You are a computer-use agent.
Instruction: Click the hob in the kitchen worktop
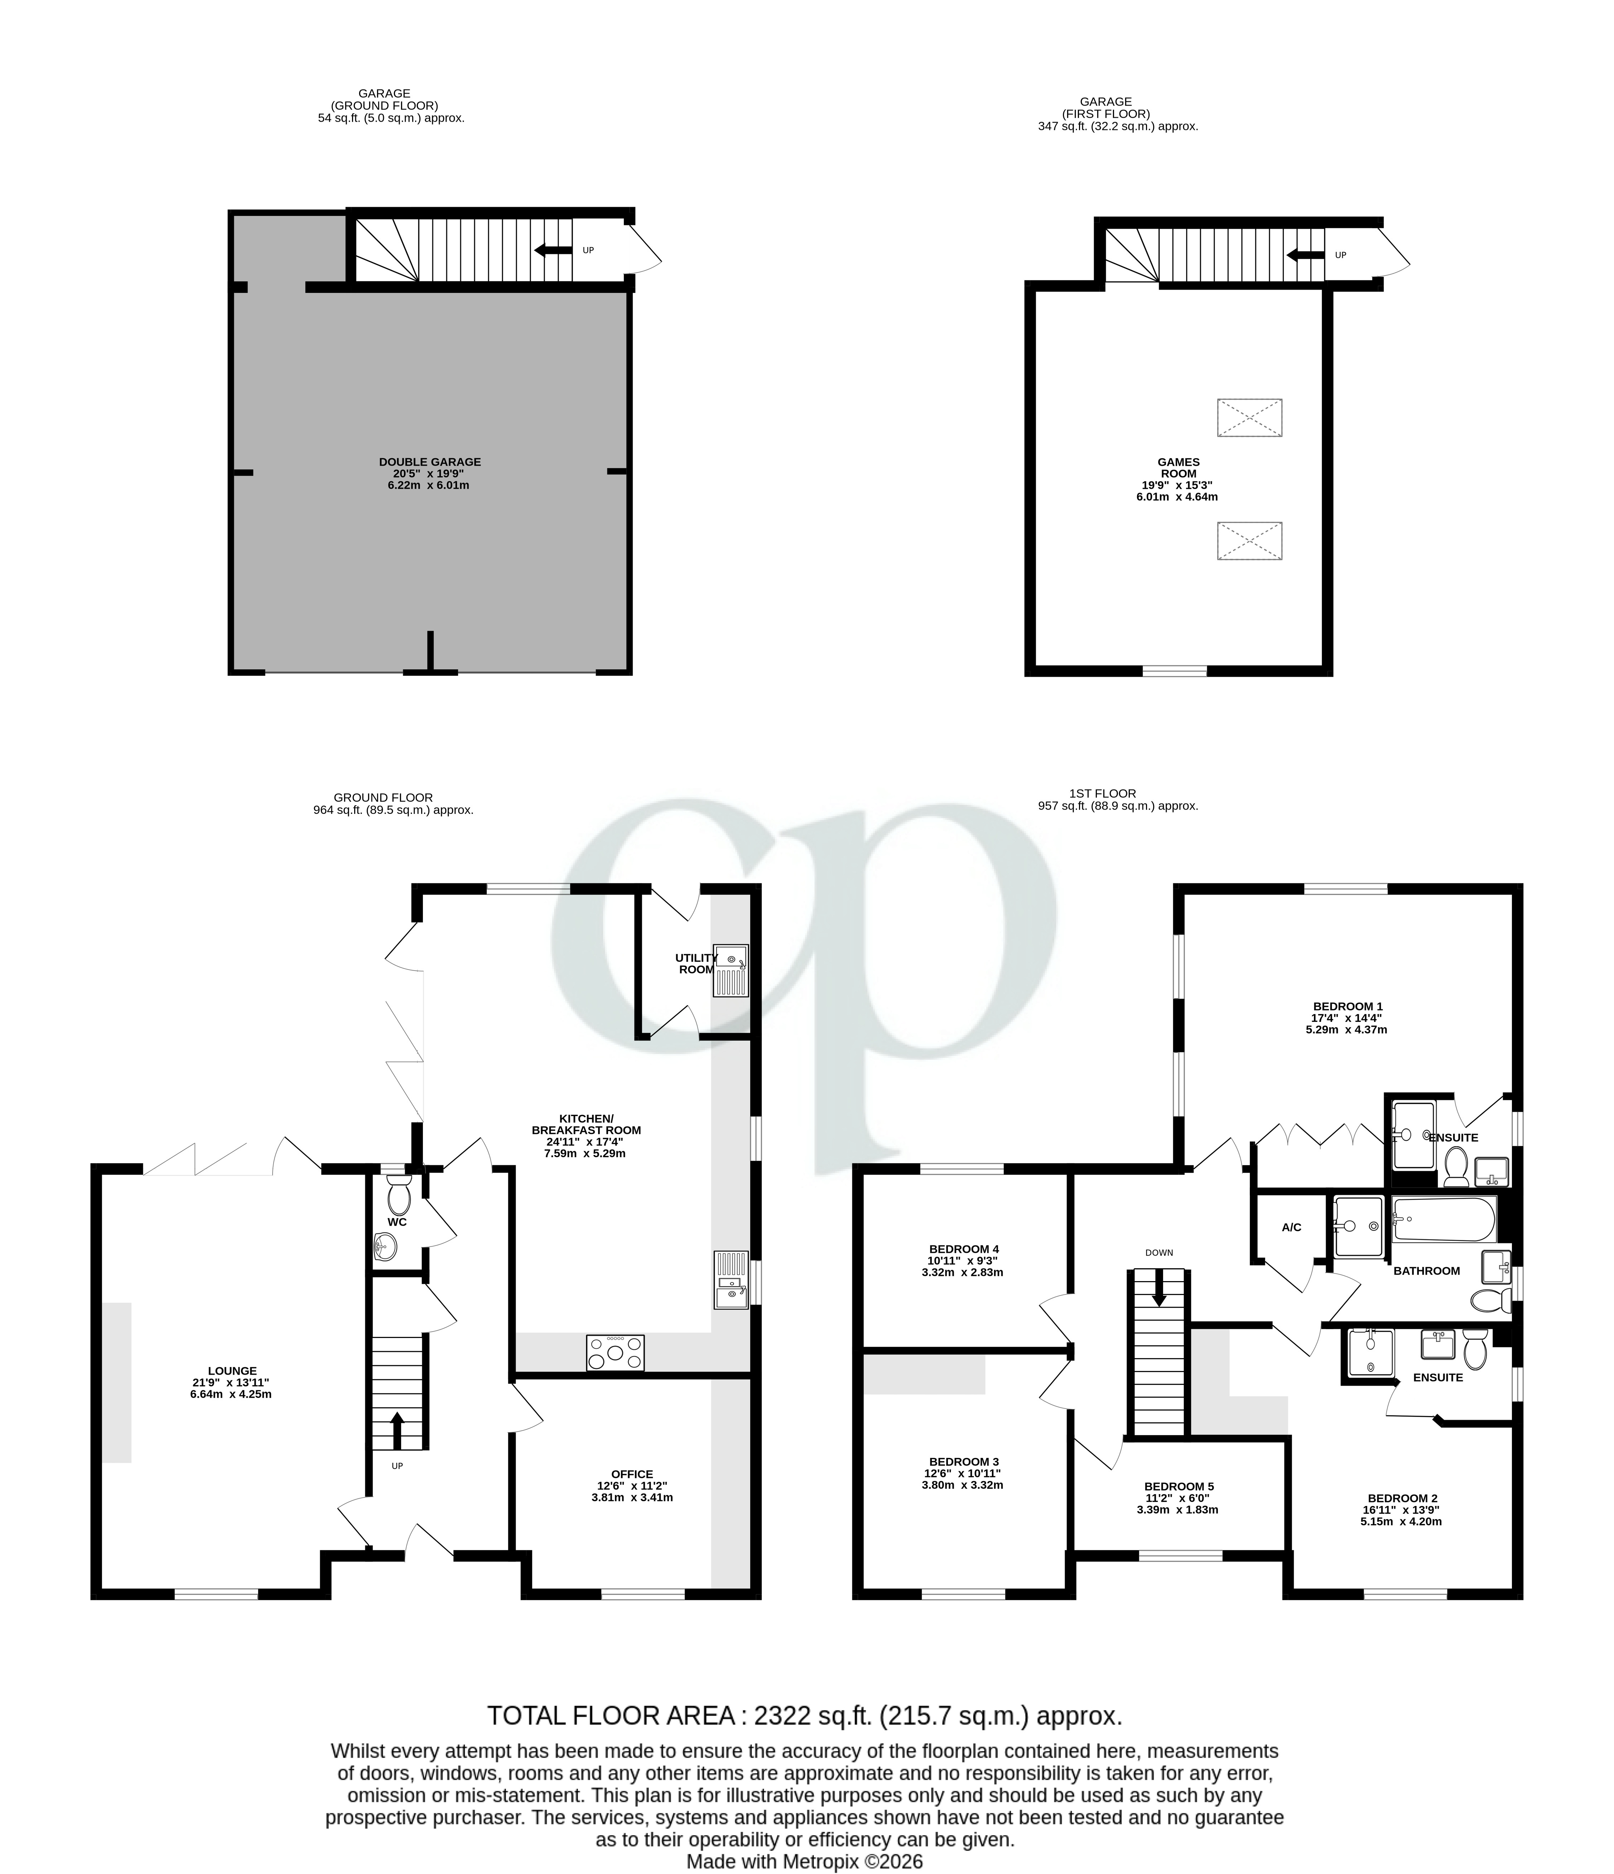615,1353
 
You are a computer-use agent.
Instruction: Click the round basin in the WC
385,1249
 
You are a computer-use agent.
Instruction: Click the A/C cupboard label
1291,1227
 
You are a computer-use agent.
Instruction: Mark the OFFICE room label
631,1474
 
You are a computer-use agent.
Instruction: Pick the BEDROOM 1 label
1347,1006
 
